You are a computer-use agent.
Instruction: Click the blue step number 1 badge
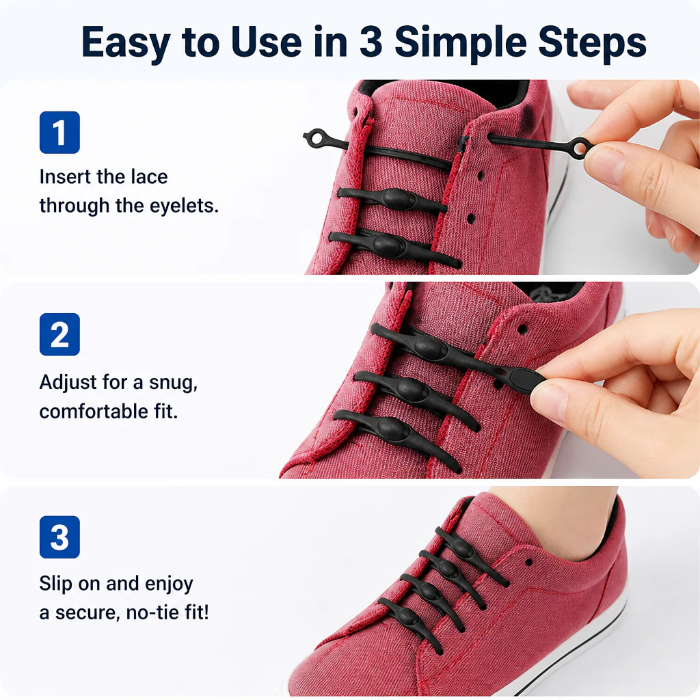[59, 132]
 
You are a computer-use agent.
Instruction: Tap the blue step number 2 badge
[59, 334]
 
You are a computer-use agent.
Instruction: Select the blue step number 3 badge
[59, 537]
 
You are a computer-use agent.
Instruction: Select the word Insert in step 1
[66, 177]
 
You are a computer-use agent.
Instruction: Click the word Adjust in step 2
[68, 383]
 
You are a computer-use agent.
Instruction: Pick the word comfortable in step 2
[94, 411]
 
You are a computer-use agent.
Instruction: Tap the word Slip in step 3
[55, 584]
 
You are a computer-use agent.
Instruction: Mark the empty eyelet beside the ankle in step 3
[528, 563]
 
